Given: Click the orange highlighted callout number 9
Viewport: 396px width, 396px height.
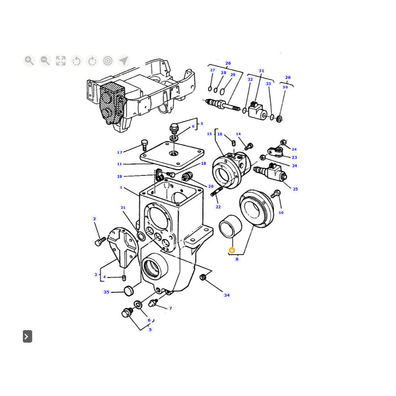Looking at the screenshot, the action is pyautogui.click(x=232, y=250).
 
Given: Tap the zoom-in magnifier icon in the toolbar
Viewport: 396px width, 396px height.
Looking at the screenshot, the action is pyautogui.click(x=29, y=61).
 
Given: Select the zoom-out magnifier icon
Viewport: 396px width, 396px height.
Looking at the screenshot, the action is pyautogui.click(x=45, y=61).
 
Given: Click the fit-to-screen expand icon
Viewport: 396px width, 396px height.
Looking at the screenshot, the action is pyautogui.click(x=61, y=61).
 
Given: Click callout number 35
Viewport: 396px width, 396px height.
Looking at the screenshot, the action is pyautogui.click(x=107, y=292).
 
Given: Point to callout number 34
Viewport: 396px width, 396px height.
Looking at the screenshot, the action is pyautogui.click(x=227, y=295).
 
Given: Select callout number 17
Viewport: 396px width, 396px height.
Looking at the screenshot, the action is pyautogui.click(x=120, y=152).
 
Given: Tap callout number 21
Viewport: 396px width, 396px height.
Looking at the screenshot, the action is pyautogui.click(x=123, y=208).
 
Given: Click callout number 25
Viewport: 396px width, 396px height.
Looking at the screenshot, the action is pyautogui.click(x=295, y=189).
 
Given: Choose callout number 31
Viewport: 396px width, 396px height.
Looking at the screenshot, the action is pyautogui.click(x=261, y=71).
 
